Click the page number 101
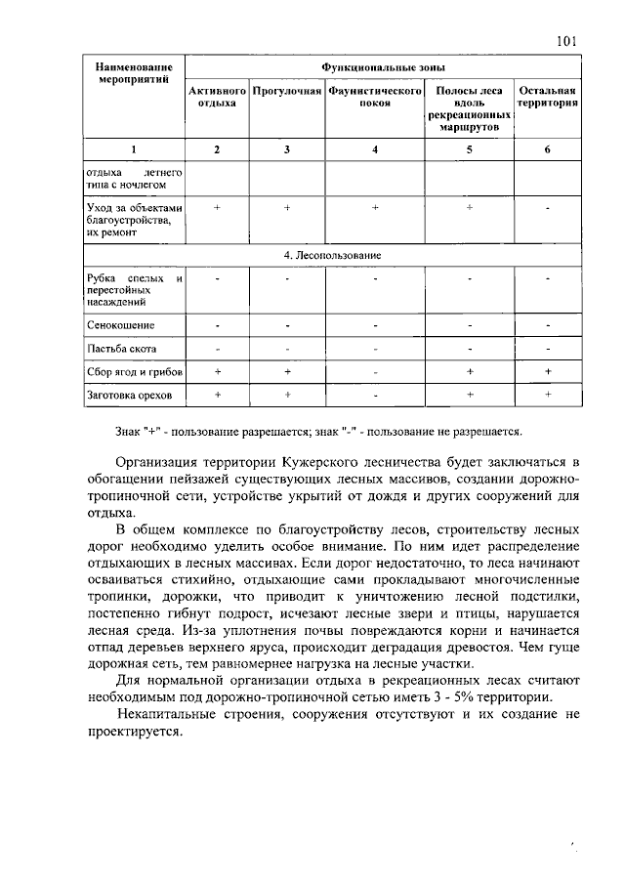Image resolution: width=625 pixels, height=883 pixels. [567, 40]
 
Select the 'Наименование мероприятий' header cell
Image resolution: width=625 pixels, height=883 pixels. [135, 74]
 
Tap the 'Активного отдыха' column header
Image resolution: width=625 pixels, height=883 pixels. [217, 97]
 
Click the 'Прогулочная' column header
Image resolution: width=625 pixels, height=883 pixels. [287, 91]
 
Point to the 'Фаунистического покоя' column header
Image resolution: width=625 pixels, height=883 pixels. [375, 97]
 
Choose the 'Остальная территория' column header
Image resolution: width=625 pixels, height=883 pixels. [548, 97]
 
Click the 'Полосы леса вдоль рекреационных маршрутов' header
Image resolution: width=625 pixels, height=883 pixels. [470, 108]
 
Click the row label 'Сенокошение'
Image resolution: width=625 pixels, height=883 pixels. [121, 324]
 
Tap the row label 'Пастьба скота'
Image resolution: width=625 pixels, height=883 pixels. [122, 349]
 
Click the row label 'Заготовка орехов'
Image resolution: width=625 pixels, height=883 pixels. [129, 396]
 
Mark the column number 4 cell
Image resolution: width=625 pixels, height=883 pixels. [375, 149]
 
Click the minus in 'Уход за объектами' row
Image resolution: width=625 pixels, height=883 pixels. [548, 209]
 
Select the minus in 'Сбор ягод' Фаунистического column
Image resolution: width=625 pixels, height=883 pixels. [375, 372]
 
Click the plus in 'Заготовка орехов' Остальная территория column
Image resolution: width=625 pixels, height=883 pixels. [548, 395]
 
